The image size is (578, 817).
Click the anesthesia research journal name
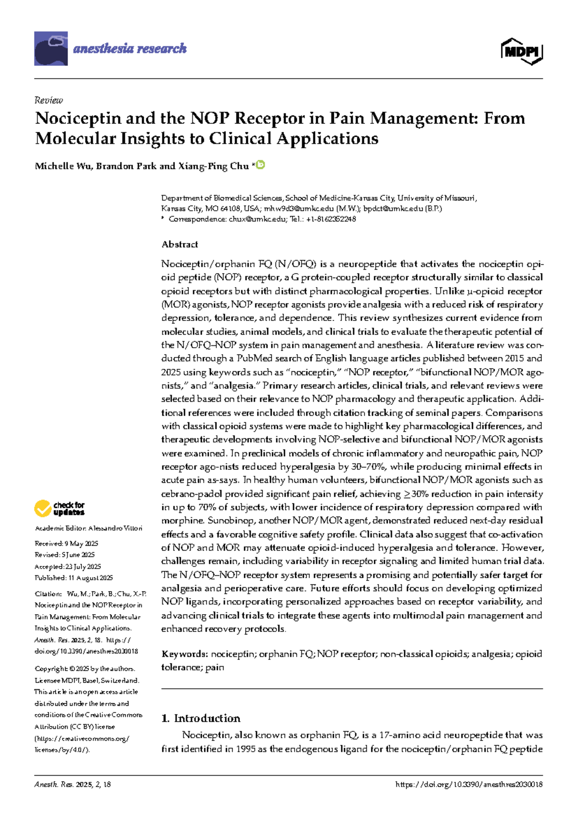pos(130,48)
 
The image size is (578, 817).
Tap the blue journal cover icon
pos(51,48)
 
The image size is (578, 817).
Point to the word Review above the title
pos(49,100)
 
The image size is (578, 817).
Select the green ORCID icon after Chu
pos(261,165)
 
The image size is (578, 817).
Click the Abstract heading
pos(180,244)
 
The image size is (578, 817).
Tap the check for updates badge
pos(60,508)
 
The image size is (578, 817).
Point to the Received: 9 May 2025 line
pos(66,543)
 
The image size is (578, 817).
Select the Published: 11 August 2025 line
pos(74,578)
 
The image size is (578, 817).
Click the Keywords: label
pos(184,654)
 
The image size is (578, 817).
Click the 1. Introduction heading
pos(201,718)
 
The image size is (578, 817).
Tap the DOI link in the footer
pos(469,784)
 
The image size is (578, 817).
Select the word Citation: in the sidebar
pos(48,594)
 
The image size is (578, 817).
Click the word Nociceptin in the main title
pos(78,119)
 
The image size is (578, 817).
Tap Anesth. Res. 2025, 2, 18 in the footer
pos(72,784)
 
